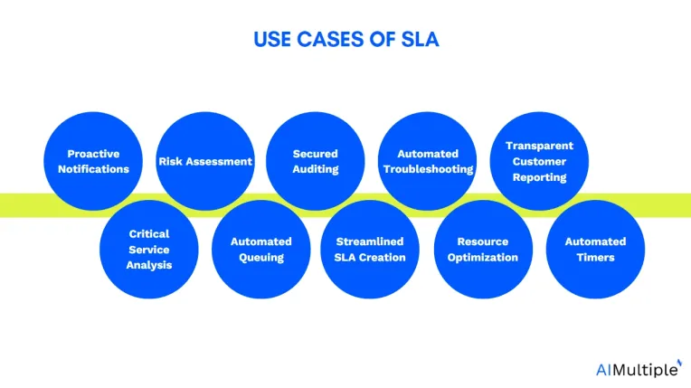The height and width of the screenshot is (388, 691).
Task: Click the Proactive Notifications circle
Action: coord(93,161)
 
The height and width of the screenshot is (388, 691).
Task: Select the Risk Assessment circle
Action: coord(205,161)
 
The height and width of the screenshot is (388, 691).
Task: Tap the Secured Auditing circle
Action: coord(316,161)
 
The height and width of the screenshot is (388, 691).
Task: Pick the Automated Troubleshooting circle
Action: coord(428,161)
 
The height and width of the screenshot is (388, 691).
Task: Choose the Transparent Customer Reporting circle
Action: coord(539,161)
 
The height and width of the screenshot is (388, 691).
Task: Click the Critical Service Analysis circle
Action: coord(149,249)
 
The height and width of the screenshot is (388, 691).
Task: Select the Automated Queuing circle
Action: coord(260,249)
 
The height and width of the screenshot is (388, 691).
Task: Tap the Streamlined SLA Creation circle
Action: coord(370,249)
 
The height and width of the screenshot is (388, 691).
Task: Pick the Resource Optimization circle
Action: coord(483,249)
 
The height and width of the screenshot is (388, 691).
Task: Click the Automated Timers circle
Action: coord(595,249)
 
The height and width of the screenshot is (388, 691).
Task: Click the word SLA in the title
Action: coord(420,39)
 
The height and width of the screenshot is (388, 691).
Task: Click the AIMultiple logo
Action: coord(639,369)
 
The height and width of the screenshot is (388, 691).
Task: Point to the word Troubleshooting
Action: coord(429,169)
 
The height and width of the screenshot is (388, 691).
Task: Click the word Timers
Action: coord(595,258)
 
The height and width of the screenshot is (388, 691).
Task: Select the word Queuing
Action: coord(261,258)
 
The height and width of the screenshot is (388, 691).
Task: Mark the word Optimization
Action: coord(483,258)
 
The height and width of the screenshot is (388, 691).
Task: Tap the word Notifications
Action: coord(93,169)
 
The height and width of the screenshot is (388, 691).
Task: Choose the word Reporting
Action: coord(539,177)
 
